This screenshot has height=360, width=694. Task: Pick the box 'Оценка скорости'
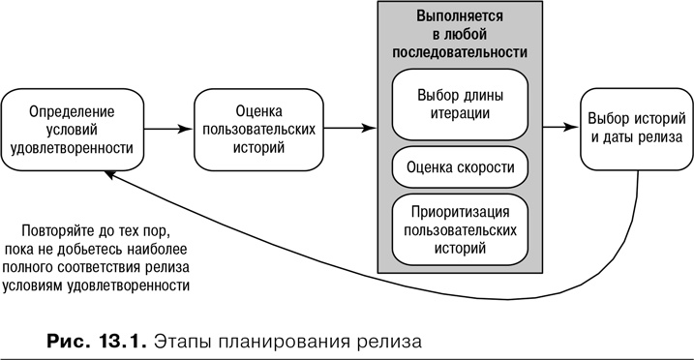click(459, 166)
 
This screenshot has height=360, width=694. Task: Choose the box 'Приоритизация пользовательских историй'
click(459, 228)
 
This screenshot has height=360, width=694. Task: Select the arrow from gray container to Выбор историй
click(559, 127)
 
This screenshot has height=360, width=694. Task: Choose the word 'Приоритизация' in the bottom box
click(459, 212)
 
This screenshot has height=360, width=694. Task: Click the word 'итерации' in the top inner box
click(459, 112)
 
